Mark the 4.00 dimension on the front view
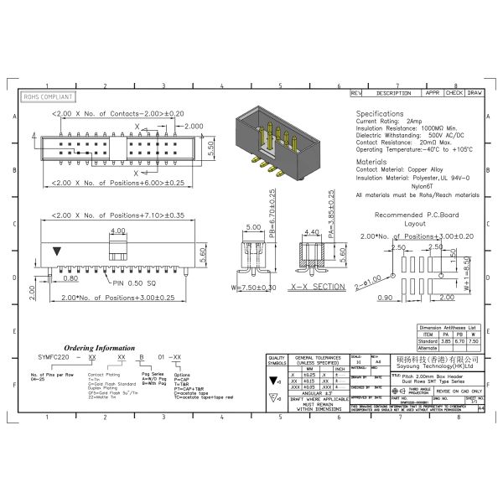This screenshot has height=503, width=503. tap(117, 230)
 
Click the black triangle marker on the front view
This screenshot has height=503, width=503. tap(56, 251)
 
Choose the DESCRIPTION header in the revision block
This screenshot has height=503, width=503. tap(392, 93)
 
